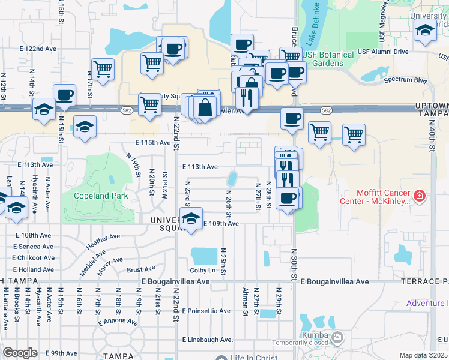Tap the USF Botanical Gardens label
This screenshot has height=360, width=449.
pos(328,59)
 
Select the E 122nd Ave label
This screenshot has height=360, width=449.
pos(38,48)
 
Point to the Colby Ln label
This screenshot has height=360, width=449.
pos(202,270)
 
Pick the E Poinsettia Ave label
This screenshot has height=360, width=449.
pos(206,311)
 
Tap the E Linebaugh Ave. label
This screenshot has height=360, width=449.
pos(207,340)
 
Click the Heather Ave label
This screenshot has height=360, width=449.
pos(99,242)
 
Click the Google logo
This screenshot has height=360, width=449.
pos(20,352)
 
